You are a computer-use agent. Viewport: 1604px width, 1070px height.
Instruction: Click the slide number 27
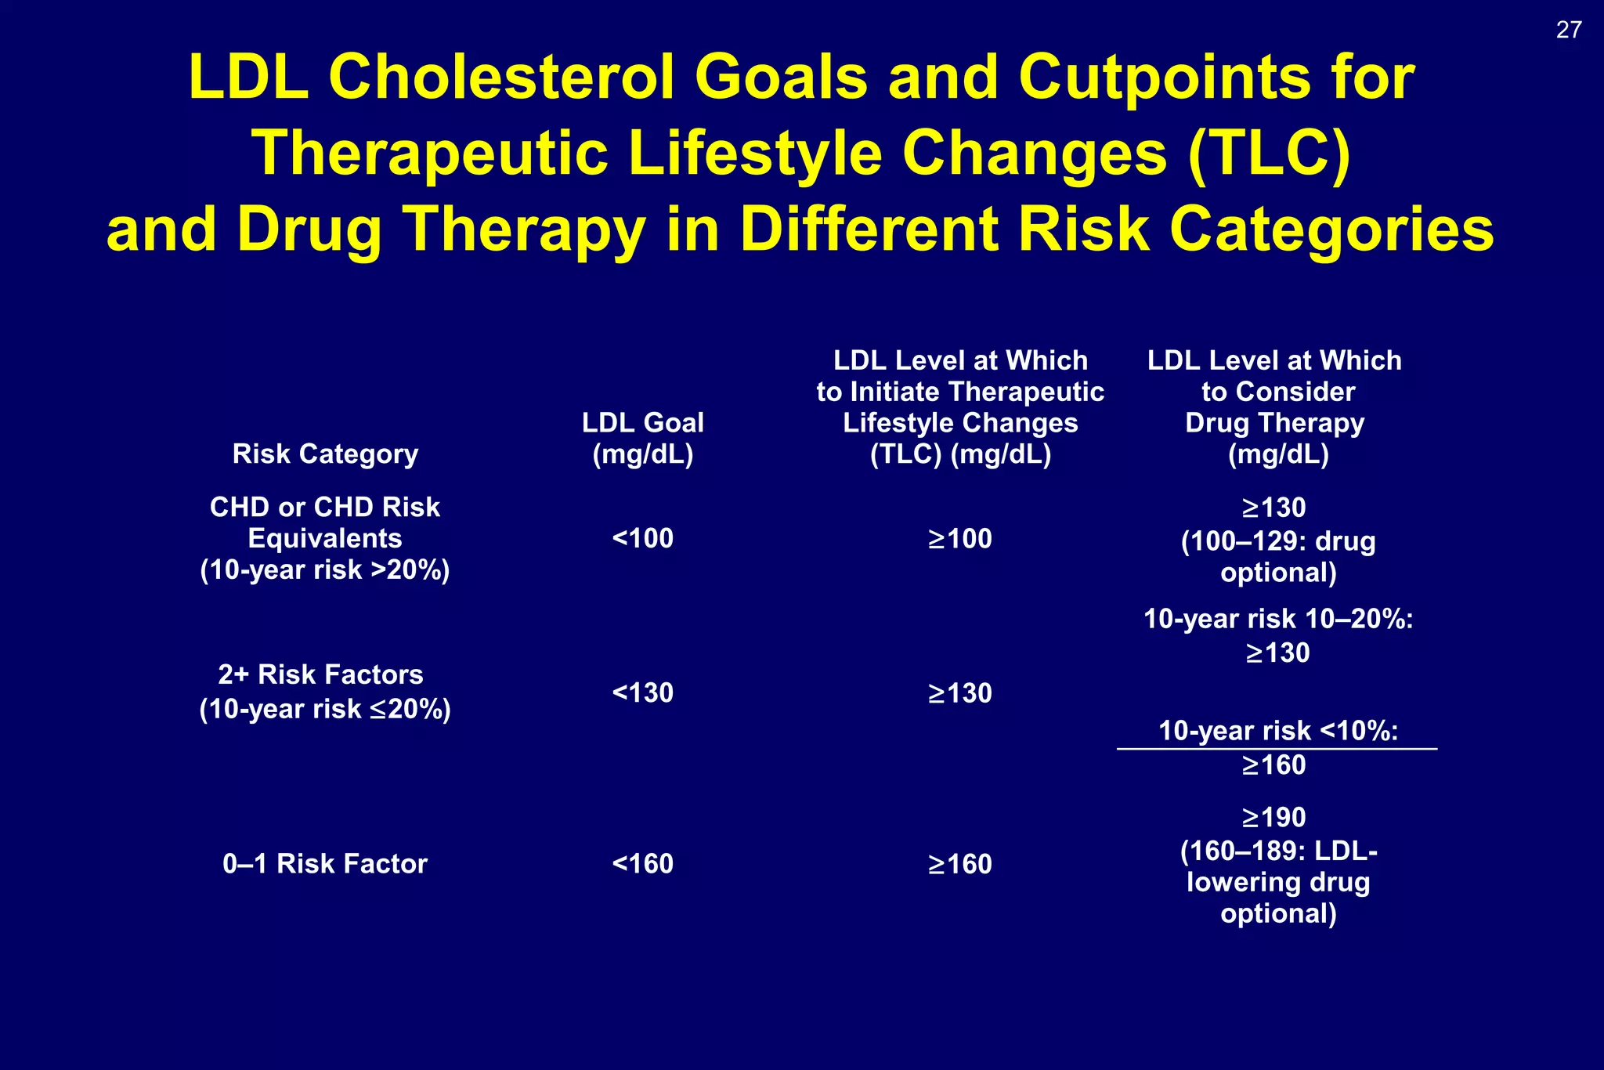[1569, 30]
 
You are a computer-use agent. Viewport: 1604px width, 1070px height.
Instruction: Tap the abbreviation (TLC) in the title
[1269, 153]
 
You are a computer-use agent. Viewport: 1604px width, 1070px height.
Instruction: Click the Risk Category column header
[325, 454]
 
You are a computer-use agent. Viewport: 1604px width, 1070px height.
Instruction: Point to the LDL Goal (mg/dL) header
[642, 439]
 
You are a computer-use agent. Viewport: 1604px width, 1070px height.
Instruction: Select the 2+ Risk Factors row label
[321, 674]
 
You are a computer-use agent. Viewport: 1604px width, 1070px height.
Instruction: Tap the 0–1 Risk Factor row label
[325, 863]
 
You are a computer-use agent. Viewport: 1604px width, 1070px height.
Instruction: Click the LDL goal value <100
[642, 538]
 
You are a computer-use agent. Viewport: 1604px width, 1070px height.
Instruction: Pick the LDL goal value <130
[642, 692]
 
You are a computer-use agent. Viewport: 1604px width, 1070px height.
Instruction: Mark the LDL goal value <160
[642, 863]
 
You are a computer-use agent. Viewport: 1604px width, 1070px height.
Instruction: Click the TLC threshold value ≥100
[960, 538]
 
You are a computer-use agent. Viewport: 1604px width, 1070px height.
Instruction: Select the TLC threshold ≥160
[960, 863]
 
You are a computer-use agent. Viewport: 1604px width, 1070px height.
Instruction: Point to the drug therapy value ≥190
[1274, 817]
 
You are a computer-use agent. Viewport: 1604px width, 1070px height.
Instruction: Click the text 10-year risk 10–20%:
[1278, 619]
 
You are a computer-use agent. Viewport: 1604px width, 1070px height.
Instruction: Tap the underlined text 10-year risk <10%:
[1278, 731]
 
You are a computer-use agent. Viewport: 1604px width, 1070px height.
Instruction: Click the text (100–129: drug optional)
[1278, 557]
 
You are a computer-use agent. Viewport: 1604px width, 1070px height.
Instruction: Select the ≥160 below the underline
[1274, 765]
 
